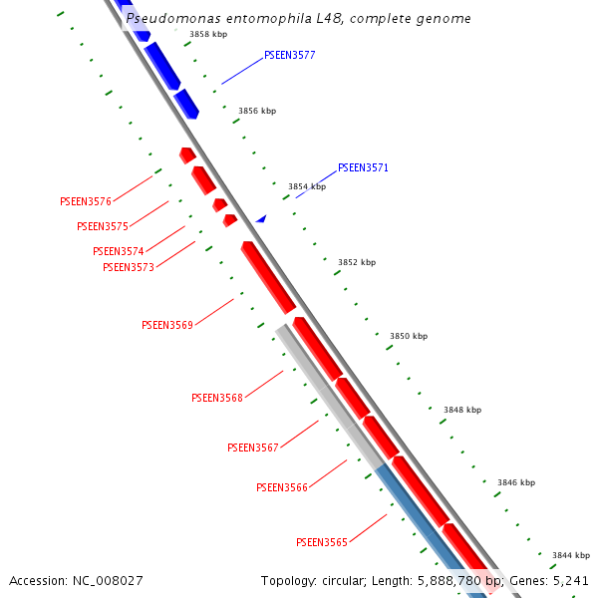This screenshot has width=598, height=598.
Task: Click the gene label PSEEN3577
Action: tap(290, 56)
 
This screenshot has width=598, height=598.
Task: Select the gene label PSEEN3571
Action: tap(363, 167)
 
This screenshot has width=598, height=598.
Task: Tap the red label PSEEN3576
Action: tap(86, 201)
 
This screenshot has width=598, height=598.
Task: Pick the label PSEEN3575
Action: tap(103, 227)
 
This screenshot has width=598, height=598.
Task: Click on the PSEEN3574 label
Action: tap(119, 252)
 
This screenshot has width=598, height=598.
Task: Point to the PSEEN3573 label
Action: tap(129, 267)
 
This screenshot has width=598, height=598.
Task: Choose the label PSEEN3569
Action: tap(167, 325)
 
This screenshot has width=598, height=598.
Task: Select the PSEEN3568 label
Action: tap(217, 398)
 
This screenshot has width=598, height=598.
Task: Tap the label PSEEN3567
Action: tap(253, 448)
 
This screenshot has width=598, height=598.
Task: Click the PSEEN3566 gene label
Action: tap(282, 487)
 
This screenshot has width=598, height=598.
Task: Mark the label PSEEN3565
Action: tap(322, 542)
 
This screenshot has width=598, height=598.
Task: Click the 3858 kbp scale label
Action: tap(208, 34)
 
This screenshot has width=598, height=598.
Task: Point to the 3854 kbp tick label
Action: tap(307, 186)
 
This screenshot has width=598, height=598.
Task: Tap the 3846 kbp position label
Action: tap(516, 482)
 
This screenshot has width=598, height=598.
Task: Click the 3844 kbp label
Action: tap(571, 555)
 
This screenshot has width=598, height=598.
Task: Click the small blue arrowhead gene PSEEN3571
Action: tap(261, 218)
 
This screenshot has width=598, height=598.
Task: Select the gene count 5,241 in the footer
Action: tap(569, 580)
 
